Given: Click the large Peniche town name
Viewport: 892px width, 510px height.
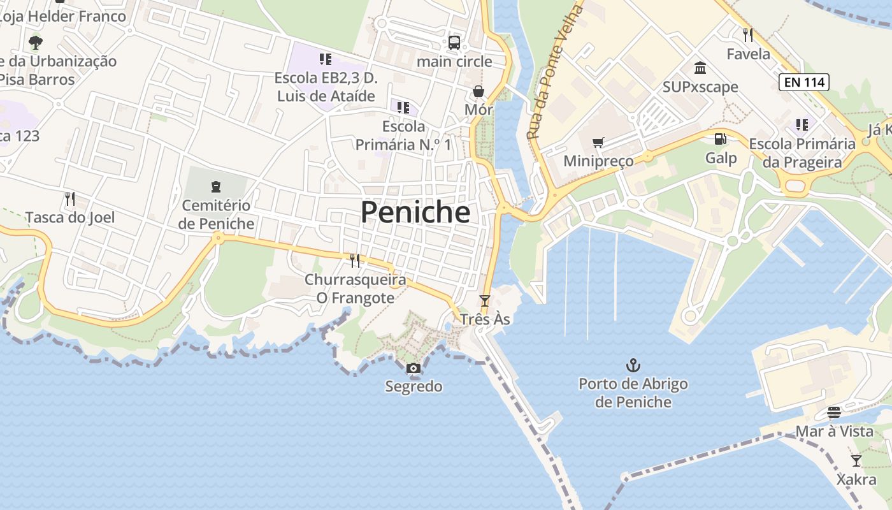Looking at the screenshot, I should click(x=415, y=212).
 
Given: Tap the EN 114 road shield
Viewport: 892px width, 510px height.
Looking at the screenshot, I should click(x=803, y=82).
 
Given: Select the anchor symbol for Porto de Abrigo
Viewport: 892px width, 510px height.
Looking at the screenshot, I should click(x=633, y=365).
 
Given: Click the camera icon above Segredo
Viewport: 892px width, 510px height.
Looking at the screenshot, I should click(x=413, y=368).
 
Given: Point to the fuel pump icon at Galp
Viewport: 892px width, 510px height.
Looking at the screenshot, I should click(x=721, y=138).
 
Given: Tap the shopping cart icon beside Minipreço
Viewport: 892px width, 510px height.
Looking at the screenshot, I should click(x=598, y=142).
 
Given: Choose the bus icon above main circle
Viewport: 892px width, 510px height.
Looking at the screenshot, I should click(x=454, y=43).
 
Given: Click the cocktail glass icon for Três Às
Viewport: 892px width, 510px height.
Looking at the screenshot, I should click(x=485, y=300).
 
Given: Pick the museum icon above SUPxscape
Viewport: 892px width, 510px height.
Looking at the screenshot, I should click(x=700, y=68).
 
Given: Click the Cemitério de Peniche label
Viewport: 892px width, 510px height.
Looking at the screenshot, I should click(x=216, y=215).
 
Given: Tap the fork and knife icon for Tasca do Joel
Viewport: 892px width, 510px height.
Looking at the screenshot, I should click(x=70, y=199).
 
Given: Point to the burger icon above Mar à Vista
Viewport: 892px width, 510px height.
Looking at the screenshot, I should click(x=834, y=412).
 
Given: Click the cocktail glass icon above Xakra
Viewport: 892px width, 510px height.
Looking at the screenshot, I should click(x=856, y=460).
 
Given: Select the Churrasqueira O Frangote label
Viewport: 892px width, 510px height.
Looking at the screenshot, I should click(x=355, y=289).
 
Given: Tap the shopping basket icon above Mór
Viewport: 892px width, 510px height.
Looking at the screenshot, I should click(x=478, y=91).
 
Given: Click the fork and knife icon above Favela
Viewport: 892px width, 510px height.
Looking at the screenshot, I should click(x=748, y=34).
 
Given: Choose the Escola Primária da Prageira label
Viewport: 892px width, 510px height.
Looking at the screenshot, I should click(x=802, y=153).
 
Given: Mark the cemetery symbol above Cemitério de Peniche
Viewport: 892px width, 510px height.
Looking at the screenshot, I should click(x=216, y=187).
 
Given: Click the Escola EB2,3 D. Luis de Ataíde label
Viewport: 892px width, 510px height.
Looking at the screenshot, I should click(x=326, y=87).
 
